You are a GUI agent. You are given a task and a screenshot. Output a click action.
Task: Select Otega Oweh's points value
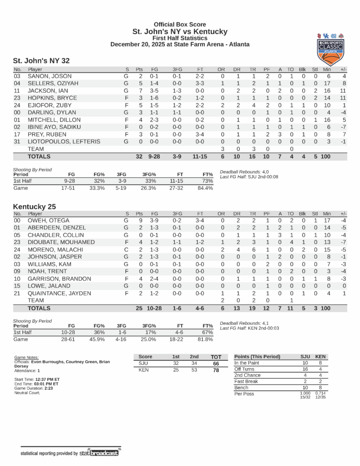pyautogui.click(x=140, y=220)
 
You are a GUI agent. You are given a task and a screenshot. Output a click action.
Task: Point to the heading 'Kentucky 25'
pyautogui.click(x=34, y=207)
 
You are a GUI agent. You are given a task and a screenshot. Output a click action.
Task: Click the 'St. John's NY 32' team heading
pyautogui.click(x=41, y=61)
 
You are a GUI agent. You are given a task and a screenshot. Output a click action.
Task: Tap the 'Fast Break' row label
pyautogui.click(x=246, y=381)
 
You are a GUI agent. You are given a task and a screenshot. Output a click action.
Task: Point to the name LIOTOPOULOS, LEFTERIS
pyautogui.click(x=64, y=142)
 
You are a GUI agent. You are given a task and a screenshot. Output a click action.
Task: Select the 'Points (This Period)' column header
pyautogui.click(x=257, y=356)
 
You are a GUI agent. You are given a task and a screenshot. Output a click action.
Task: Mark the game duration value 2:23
pyautogui.click(x=49, y=388)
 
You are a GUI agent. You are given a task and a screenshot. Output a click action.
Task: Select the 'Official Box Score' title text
pyautogui.click(x=180, y=25)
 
